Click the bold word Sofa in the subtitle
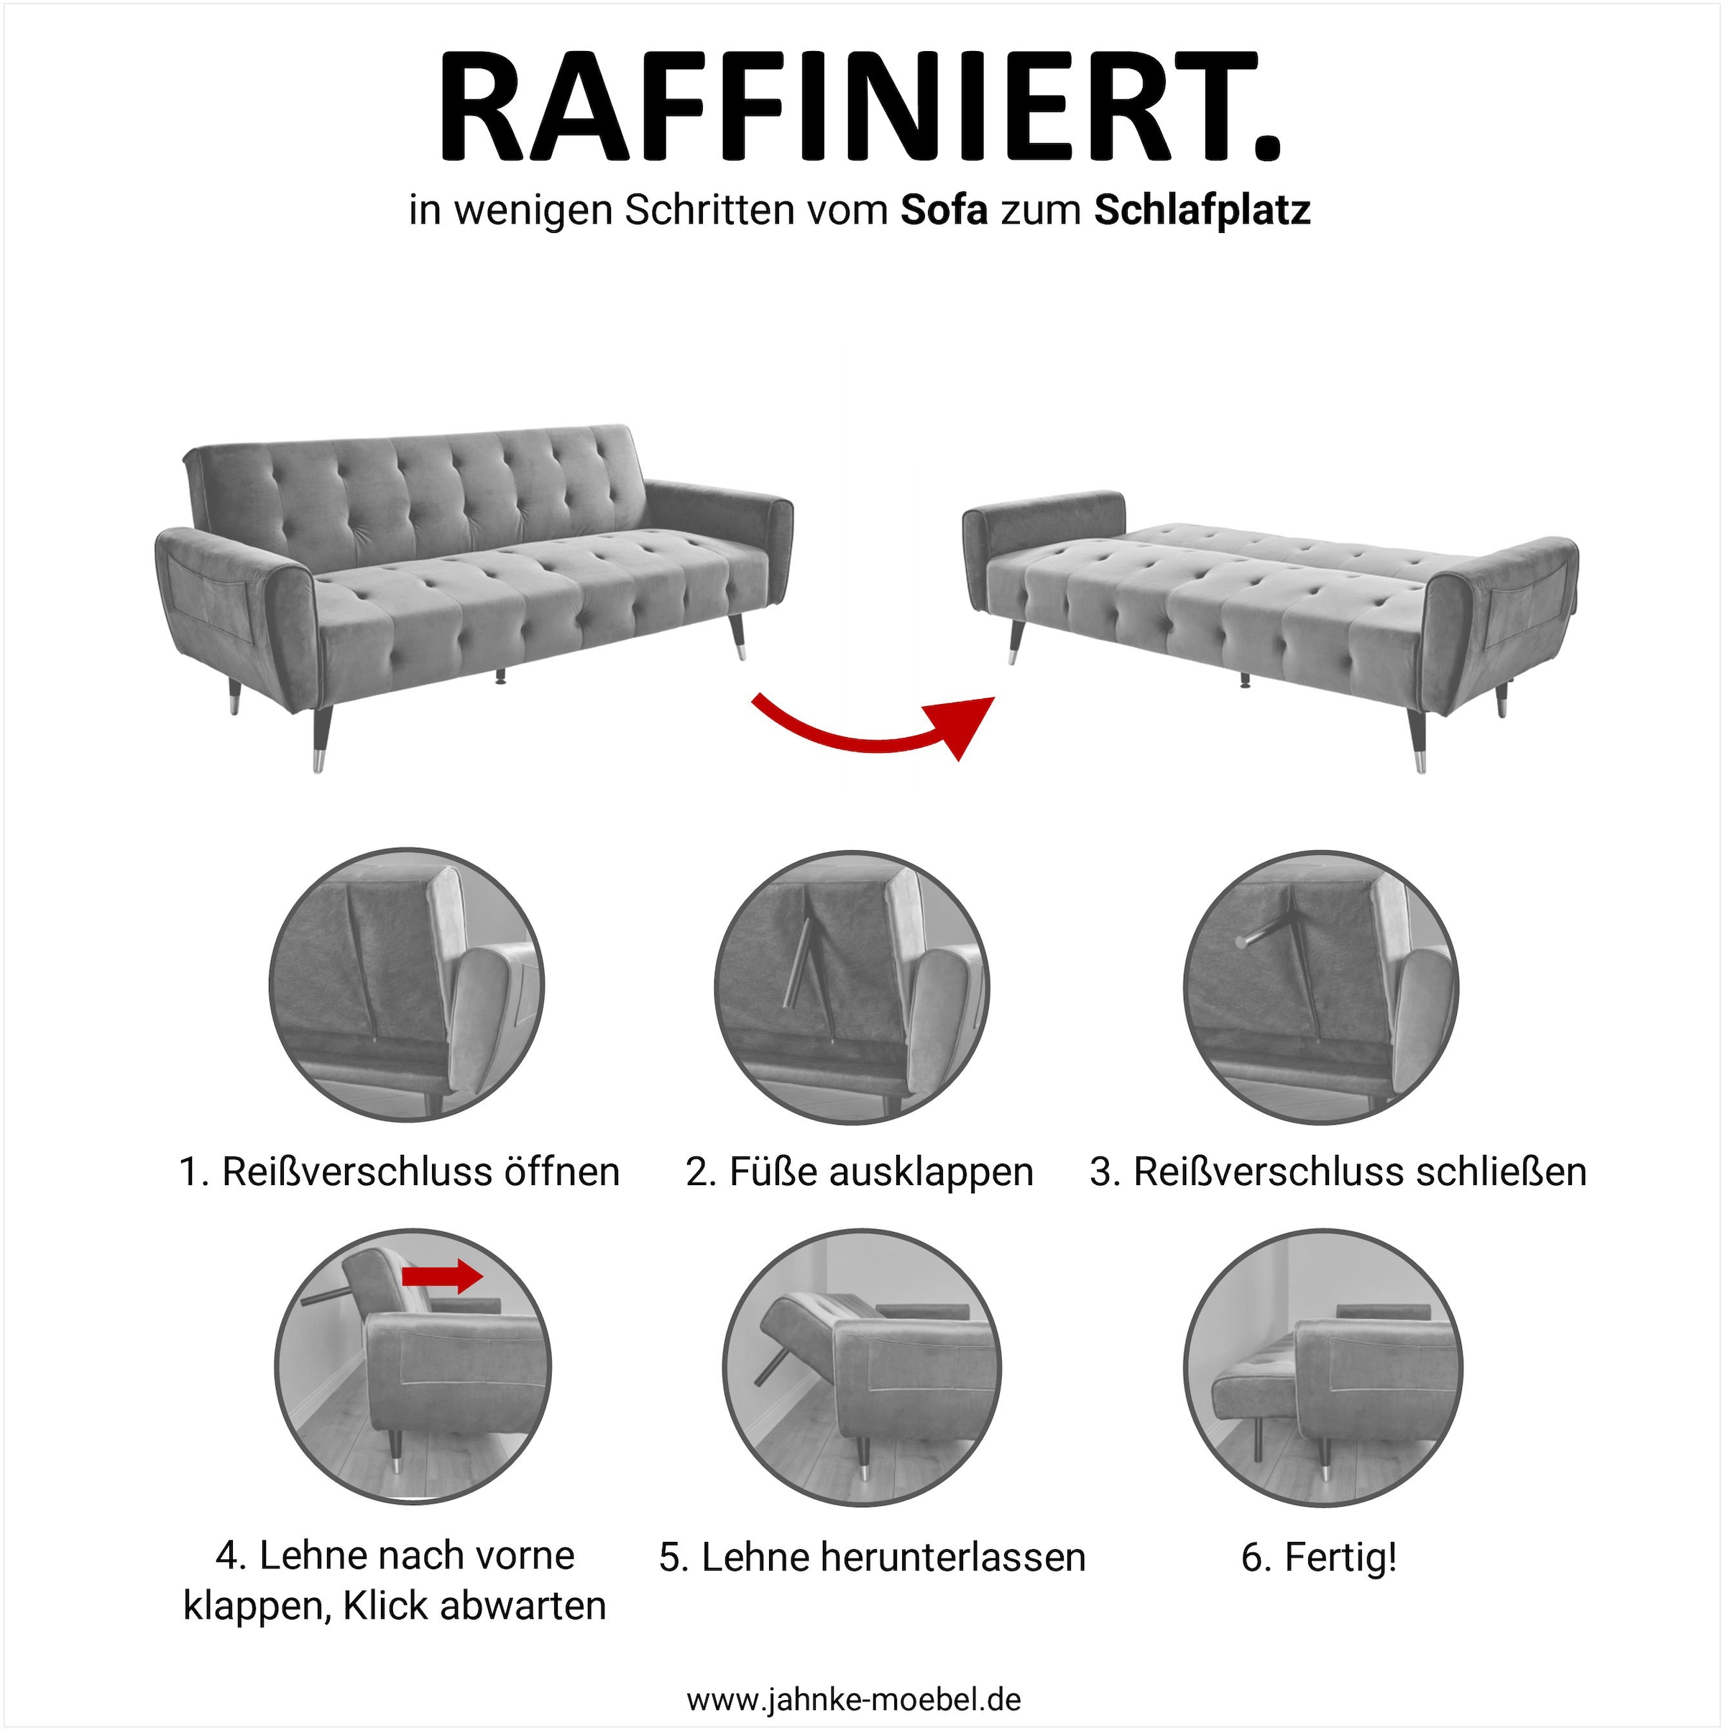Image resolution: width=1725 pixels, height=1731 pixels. (x=944, y=211)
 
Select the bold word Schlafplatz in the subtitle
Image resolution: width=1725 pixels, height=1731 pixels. (x=1202, y=211)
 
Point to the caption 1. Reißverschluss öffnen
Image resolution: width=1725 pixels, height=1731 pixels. (x=400, y=1172)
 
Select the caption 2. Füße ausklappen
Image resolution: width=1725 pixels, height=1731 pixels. (x=860, y=1172)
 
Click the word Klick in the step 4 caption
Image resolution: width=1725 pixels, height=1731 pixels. (x=389, y=1606)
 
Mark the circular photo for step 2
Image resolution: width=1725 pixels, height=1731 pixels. (x=852, y=987)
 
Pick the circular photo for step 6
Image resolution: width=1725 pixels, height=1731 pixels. (x=1322, y=1367)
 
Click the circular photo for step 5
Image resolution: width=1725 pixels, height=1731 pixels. (x=862, y=1367)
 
